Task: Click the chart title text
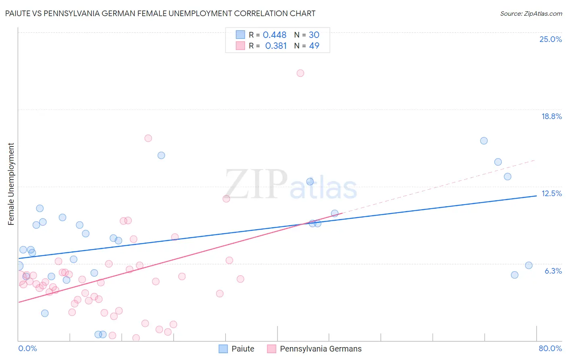(x=160, y=14)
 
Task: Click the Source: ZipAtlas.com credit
(x=531, y=14)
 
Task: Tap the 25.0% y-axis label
(x=550, y=39)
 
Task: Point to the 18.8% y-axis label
(x=551, y=116)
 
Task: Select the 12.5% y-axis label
(x=551, y=193)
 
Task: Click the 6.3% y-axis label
(x=553, y=271)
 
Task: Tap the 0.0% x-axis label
(x=27, y=348)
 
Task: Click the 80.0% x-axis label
(x=550, y=348)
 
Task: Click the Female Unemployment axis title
(x=11, y=184)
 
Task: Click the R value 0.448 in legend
(x=274, y=35)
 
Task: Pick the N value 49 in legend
(x=314, y=46)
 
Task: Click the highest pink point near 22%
(x=300, y=73)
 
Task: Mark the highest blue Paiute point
(x=484, y=141)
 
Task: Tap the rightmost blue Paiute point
(x=529, y=265)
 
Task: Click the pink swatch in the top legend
(x=240, y=46)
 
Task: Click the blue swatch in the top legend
(x=240, y=35)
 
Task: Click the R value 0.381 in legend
(x=276, y=46)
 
